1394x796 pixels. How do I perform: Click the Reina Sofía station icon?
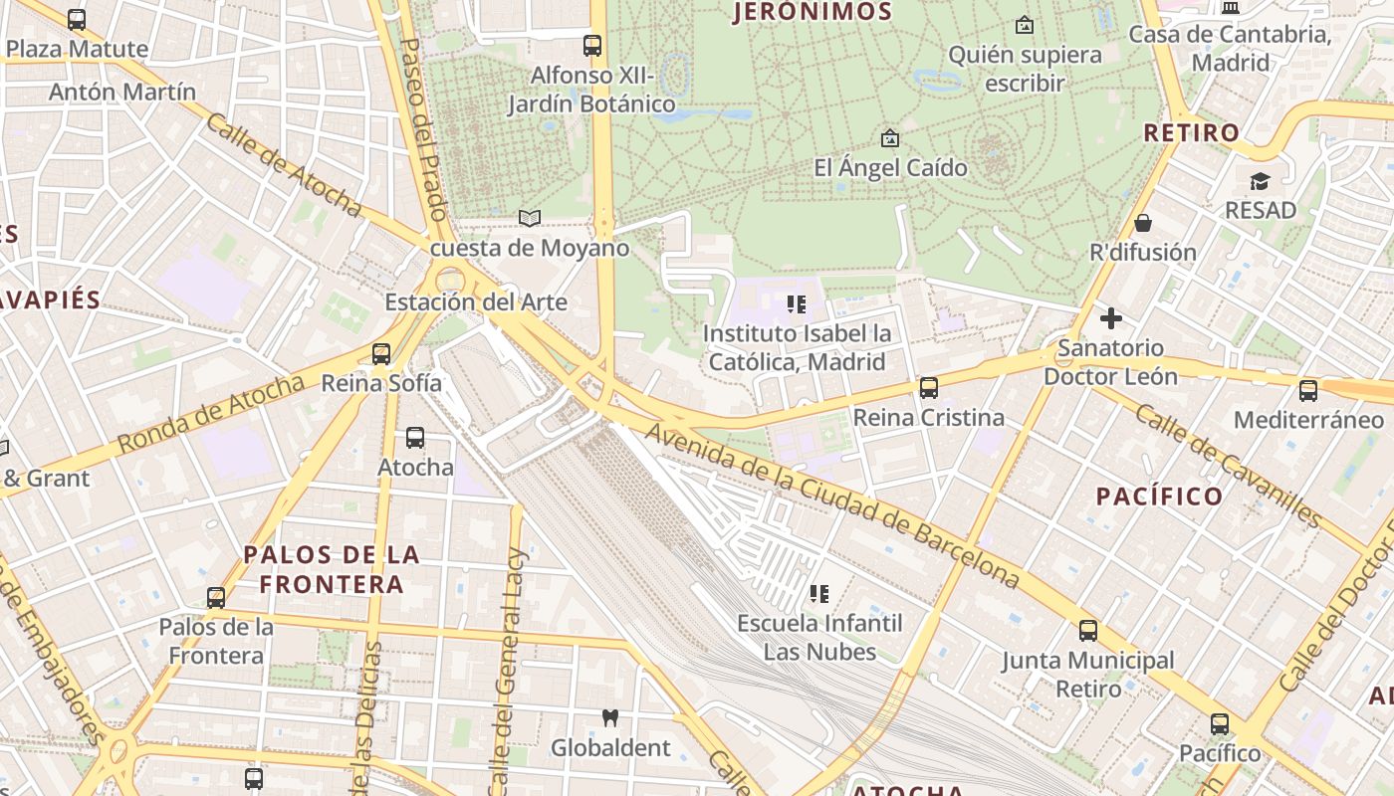[380, 353]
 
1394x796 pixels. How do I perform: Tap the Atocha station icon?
[415, 437]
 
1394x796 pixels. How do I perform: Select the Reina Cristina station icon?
[928, 387]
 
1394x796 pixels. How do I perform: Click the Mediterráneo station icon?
[1308, 391]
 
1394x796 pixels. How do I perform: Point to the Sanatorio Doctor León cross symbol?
[1110, 318]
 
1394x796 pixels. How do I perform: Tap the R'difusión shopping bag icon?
[1143, 223]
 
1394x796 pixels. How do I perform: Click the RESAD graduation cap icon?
[1261, 181]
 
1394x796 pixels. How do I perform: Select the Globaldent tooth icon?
[611, 717]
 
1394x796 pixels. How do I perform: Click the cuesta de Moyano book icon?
[530, 218]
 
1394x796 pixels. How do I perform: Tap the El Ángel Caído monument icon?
[890, 138]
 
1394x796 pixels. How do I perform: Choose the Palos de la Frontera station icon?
[216, 597]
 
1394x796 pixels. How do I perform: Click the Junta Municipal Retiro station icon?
[1087, 630]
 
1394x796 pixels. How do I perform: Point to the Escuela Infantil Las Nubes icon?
[819, 594]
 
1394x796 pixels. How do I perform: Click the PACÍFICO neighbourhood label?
[1159, 496]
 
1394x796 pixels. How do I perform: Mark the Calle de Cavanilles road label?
[1228, 466]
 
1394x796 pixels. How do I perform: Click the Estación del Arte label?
[476, 302]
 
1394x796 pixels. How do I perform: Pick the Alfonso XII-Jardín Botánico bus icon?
[592, 45]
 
